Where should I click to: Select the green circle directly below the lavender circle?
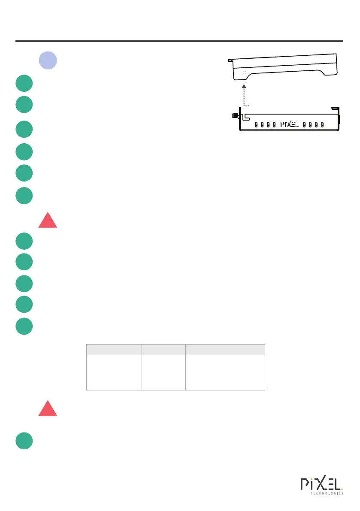tap(24, 83)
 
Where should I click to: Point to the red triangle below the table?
tap(48, 408)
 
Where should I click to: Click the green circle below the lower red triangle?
tap(24, 441)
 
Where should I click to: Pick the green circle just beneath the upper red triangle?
tap(24, 241)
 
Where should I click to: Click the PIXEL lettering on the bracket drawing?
tap(289, 125)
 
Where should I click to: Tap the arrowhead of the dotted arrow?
tap(244, 87)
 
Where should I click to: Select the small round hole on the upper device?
tap(245, 73)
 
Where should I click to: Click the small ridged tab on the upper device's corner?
tap(230, 61)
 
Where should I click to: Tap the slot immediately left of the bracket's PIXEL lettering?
tap(275, 125)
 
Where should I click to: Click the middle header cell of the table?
tap(163, 349)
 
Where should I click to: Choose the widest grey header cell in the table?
tap(225, 349)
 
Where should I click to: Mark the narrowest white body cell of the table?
tap(163, 372)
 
